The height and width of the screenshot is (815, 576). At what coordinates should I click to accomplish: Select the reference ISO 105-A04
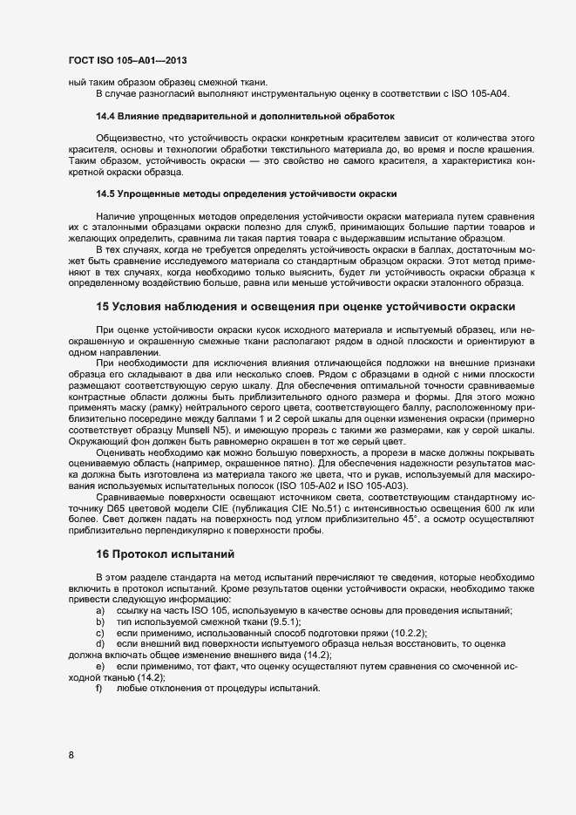(482, 92)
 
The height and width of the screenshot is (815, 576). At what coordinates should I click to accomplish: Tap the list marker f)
(100, 689)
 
